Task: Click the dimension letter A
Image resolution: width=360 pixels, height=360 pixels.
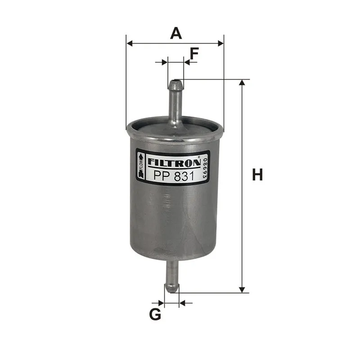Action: point(176,33)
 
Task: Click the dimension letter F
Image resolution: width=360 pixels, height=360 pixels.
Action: point(194,54)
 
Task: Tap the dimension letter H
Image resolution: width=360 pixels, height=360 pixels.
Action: point(257,175)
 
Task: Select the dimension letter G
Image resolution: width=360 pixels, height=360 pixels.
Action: point(155,314)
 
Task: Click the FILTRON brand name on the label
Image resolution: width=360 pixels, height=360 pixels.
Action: point(174,162)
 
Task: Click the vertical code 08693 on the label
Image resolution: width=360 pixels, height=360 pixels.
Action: point(205,168)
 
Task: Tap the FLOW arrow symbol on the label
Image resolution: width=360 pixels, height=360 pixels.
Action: point(140,166)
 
